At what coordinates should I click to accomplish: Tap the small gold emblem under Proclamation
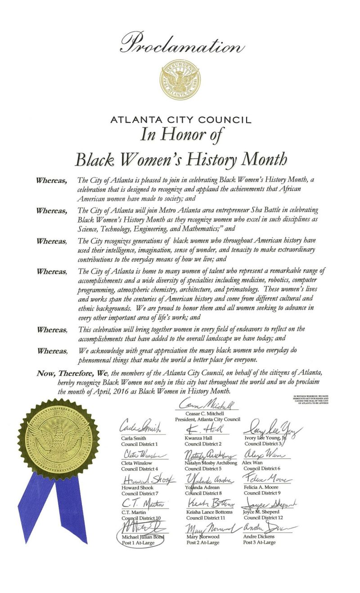[181, 80]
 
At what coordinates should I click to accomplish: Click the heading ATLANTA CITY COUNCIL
[181, 120]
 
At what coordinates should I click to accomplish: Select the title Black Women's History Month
[180, 159]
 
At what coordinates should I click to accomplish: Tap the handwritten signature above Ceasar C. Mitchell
[207, 404]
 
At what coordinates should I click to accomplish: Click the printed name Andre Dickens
[259, 537]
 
